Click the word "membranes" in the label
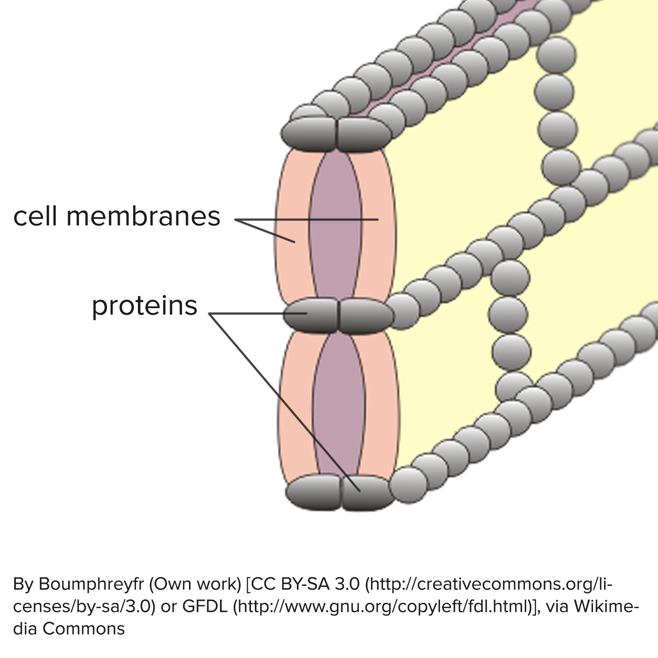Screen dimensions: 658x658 tap(143, 216)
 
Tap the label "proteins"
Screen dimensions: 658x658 tap(145, 306)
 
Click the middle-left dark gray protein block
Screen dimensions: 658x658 tap(311, 315)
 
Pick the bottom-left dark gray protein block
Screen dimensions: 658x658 tap(314, 492)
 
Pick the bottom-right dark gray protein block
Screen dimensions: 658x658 tap(368, 492)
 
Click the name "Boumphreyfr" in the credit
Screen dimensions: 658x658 tap(91, 584)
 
